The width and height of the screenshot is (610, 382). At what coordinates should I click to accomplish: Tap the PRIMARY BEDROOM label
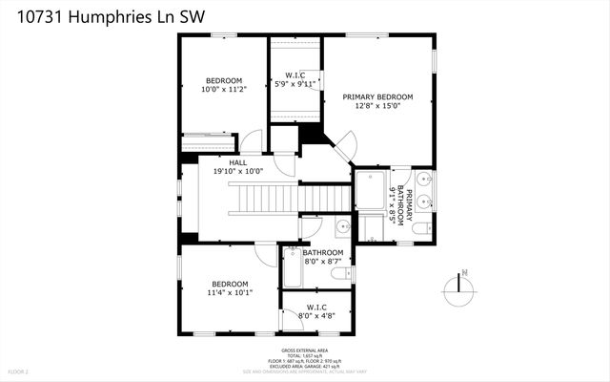click(x=378, y=96)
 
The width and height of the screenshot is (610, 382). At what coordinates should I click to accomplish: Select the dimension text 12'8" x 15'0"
click(x=378, y=107)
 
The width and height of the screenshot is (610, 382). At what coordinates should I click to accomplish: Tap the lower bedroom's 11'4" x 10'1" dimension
click(x=230, y=294)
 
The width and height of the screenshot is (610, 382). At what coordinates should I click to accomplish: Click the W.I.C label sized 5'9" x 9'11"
click(x=295, y=75)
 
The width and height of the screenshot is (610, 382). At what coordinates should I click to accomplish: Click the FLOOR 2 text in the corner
click(x=19, y=371)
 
